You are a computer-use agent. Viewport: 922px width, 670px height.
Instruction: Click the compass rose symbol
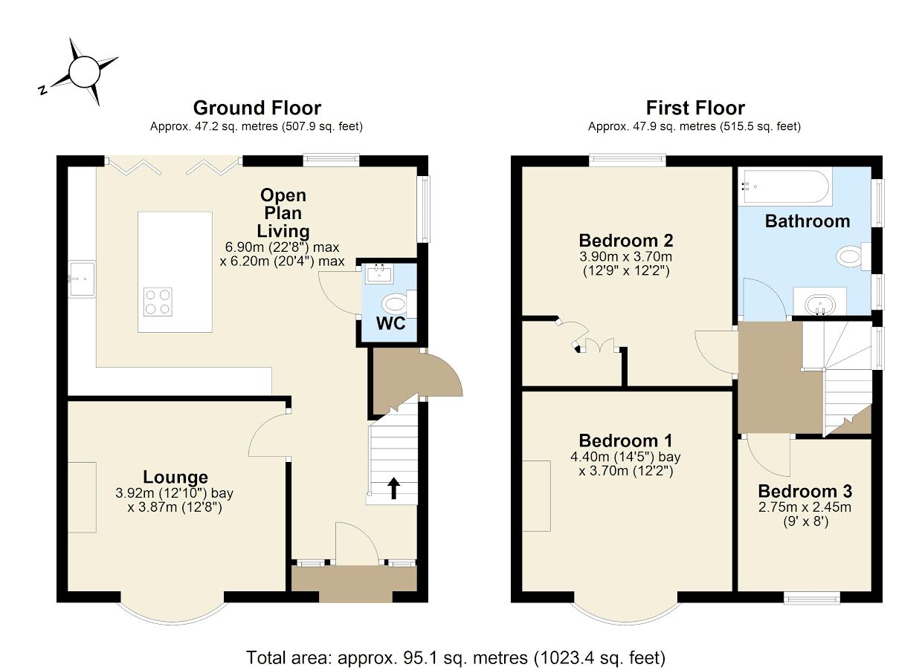click(84, 71)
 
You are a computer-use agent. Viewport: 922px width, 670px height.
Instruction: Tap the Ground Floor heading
click(257, 108)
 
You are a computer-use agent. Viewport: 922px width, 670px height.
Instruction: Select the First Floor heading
click(694, 108)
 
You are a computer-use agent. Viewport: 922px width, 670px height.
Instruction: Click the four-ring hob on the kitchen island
click(157, 302)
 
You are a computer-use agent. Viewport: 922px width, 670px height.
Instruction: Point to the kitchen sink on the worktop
click(81, 279)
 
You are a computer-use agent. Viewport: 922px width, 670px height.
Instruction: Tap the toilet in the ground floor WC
click(395, 303)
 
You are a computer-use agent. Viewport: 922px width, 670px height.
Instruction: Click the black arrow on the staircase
click(393, 488)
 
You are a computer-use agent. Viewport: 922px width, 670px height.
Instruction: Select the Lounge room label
click(175, 477)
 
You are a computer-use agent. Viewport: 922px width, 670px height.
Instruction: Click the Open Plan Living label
click(283, 213)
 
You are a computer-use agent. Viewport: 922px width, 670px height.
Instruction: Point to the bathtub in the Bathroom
click(785, 186)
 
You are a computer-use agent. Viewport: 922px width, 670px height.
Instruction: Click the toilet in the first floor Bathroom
click(851, 257)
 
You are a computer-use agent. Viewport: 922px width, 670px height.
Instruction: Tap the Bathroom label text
click(807, 221)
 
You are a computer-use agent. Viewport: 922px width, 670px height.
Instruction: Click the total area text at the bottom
click(456, 657)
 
